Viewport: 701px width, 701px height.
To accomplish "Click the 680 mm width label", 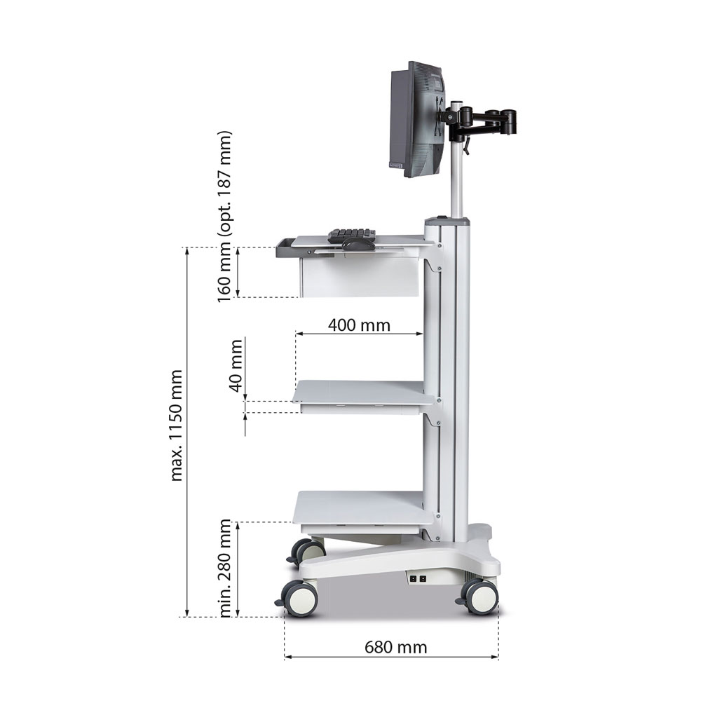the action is (x=395, y=647).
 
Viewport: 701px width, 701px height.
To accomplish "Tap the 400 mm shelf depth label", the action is (x=359, y=325).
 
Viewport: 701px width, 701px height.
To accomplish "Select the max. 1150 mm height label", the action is (x=177, y=426).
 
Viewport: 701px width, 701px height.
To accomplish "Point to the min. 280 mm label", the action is (x=225, y=569).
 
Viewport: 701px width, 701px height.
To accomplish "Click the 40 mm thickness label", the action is (x=236, y=366).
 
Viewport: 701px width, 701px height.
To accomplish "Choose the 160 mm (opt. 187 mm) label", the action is (x=224, y=217).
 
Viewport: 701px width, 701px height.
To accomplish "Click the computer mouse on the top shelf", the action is (x=358, y=245).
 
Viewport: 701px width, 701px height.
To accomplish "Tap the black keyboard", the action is (x=351, y=235).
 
